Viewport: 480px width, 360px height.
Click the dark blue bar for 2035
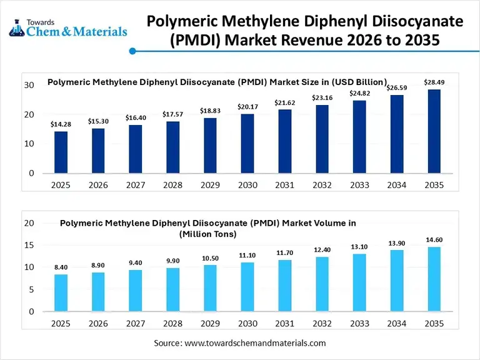pos(434,131)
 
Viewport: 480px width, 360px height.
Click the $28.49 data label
pos(434,82)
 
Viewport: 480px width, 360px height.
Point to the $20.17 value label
pos(247,107)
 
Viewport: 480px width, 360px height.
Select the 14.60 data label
pos(434,239)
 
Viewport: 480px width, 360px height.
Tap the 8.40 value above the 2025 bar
pos(61,267)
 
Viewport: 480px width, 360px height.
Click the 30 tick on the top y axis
pos(29,85)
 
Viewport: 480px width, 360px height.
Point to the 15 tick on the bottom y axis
pos(29,245)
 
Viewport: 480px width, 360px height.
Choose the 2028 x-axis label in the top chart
pos(172,186)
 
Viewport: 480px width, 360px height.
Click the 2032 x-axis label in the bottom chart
pos(322,324)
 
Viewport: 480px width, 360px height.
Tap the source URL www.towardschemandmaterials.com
pos(255,343)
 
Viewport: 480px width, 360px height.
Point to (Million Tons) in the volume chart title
pos(208,234)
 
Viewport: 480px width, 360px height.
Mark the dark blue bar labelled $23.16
pos(322,139)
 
